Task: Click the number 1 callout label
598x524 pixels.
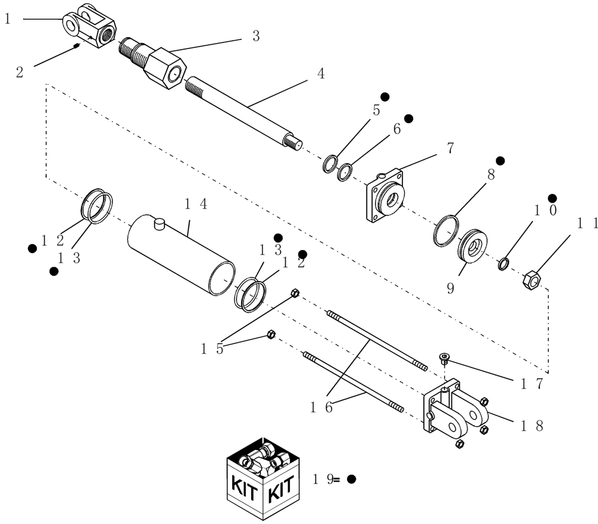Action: [8, 19]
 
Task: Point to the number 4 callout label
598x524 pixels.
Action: [321, 74]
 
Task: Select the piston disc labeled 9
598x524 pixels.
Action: [472, 245]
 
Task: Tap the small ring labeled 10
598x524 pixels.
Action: [504, 263]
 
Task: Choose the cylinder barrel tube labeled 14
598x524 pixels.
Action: [179, 254]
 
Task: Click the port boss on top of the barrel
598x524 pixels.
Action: [158, 224]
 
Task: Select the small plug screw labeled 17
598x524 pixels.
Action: [444, 358]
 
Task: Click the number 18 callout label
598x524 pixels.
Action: [531, 426]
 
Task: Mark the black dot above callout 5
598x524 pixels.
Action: [385, 96]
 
